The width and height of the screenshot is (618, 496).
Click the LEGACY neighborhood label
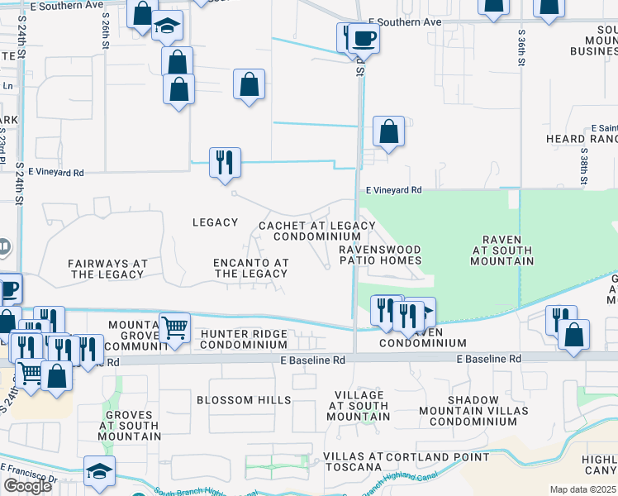point(215,222)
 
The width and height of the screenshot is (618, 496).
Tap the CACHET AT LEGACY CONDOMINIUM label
point(317,231)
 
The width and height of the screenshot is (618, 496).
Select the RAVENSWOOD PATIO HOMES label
point(380,255)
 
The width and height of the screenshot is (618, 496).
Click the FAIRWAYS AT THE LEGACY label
point(107,269)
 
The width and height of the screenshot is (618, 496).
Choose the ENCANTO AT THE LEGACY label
point(251,268)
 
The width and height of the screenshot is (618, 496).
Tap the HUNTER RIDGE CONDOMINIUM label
point(244,339)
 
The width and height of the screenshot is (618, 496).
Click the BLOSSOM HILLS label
point(244,400)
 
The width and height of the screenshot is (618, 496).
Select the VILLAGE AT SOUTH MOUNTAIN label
point(358,406)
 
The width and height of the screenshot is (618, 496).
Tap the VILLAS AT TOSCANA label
point(353,462)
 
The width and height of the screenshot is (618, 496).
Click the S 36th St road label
point(522,50)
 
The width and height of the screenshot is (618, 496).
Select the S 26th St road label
point(106,29)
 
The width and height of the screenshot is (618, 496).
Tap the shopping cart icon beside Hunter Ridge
point(174,329)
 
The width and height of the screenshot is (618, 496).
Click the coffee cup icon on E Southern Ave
point(363,37)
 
